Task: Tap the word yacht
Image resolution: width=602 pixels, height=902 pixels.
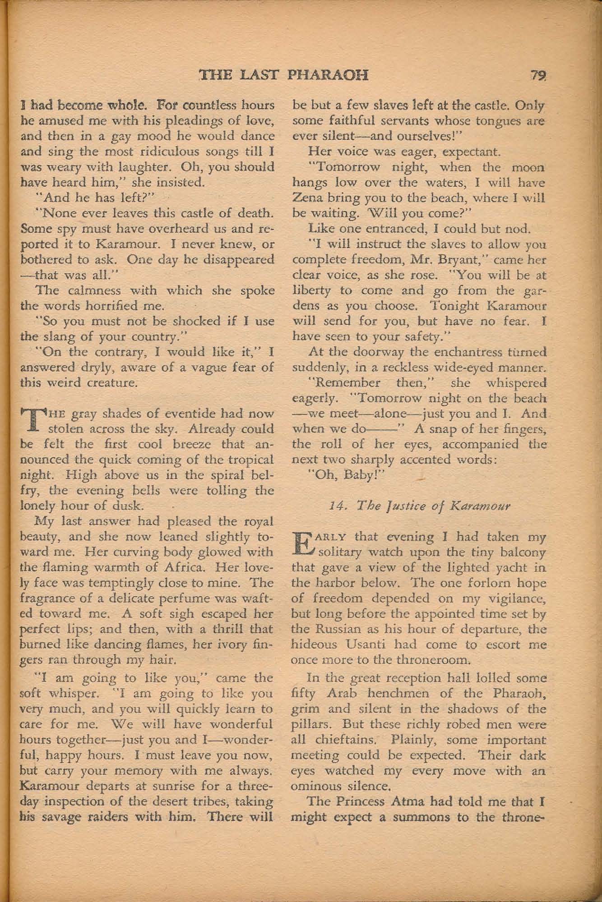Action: [x=505, y=567]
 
